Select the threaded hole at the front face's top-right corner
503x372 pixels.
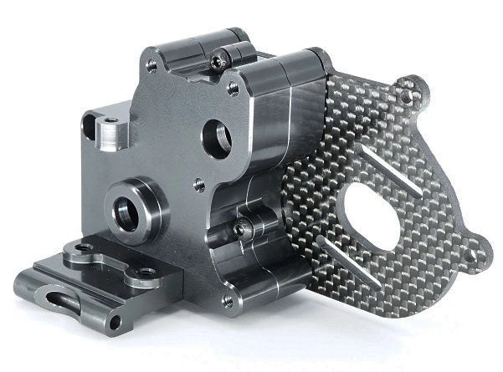tap(233, 85)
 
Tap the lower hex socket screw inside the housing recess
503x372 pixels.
tap(239, 230)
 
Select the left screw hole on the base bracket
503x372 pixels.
tap(83, 249)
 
